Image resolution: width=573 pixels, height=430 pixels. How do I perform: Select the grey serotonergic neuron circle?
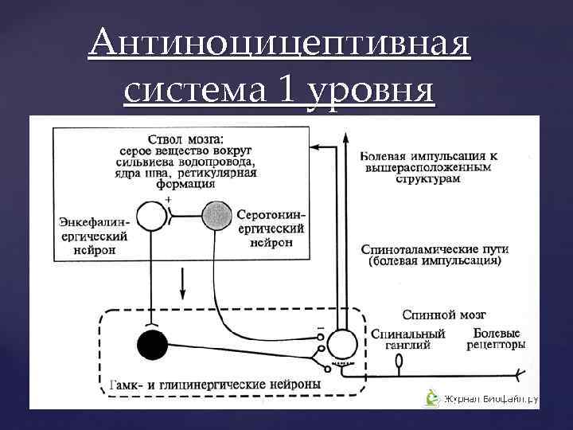tap(216, 214)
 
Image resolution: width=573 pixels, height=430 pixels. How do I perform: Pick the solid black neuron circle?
tap(151, 345)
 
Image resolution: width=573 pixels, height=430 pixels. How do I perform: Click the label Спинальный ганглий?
tap(407, 339)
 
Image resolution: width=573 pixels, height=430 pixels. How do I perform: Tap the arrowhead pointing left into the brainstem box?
tap(314, 147)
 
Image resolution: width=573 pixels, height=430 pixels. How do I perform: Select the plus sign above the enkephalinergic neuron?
tap(167, 198)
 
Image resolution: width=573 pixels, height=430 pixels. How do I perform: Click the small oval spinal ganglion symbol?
tap(400, 361)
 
